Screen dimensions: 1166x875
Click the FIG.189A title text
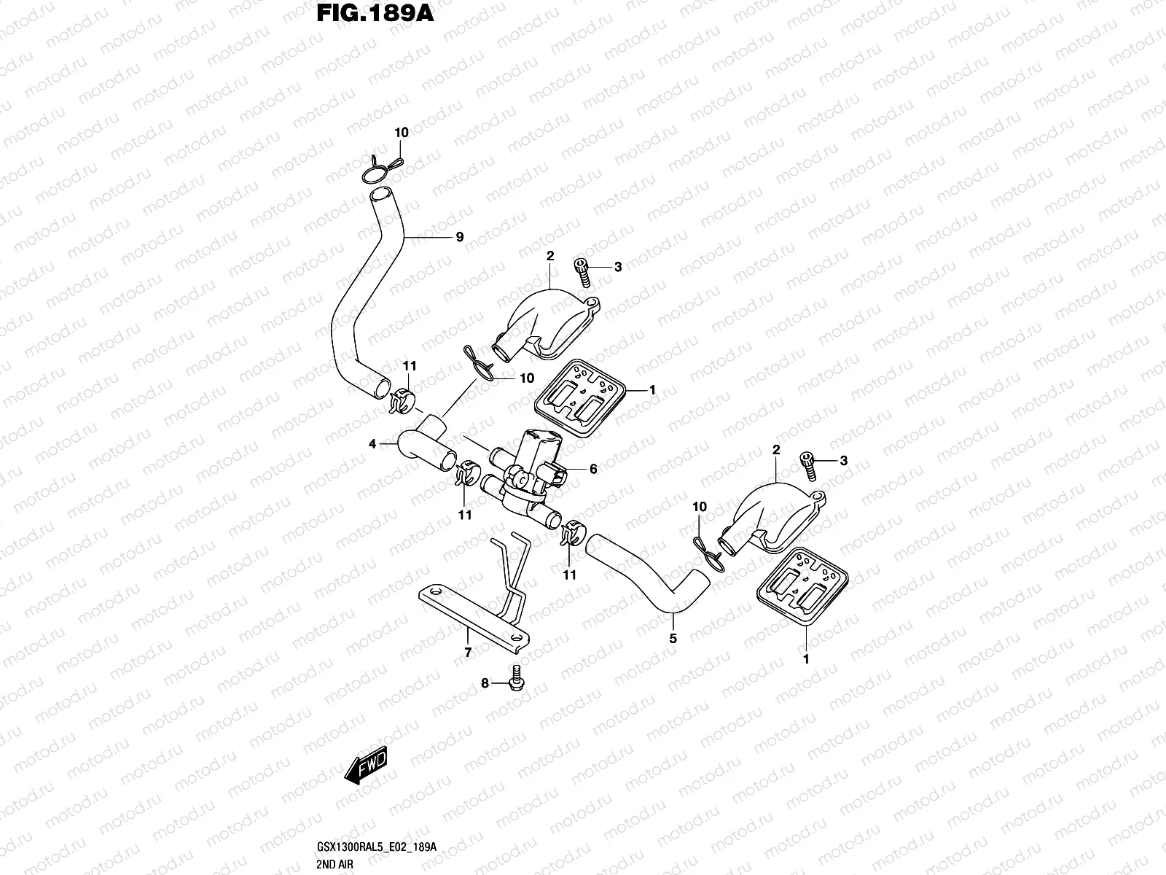click(375, 13)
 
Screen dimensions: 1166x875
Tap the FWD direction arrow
click(366, 766)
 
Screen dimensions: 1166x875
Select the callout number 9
click(460, 237)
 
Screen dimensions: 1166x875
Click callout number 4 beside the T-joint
click(372, 443)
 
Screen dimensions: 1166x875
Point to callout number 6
click(593, 469)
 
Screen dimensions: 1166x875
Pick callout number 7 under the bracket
click(468, 653)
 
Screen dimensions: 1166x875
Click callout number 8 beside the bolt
click(485, 683)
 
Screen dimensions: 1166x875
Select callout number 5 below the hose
click(673, 639)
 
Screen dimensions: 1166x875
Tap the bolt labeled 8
click(517, 677)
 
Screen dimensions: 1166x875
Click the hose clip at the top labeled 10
click(381, 169)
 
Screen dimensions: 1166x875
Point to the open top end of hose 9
click(380, 195)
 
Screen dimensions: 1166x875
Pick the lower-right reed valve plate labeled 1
click(802, 586)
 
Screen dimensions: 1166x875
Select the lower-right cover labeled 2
click(771, 518)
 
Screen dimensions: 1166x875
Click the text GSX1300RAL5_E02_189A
click(377, 847)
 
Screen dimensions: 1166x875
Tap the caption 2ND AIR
click(334, 864)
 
